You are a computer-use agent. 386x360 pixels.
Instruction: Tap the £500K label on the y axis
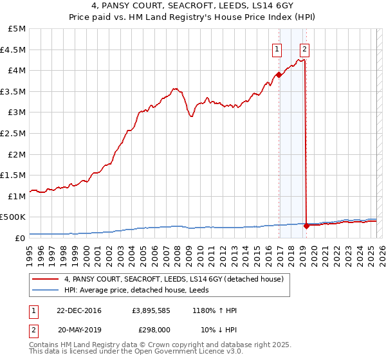tap(14, 217)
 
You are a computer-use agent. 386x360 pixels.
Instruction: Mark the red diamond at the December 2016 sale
tap(279, 75)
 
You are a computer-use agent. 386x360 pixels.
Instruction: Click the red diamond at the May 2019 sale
tap(306, 226)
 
